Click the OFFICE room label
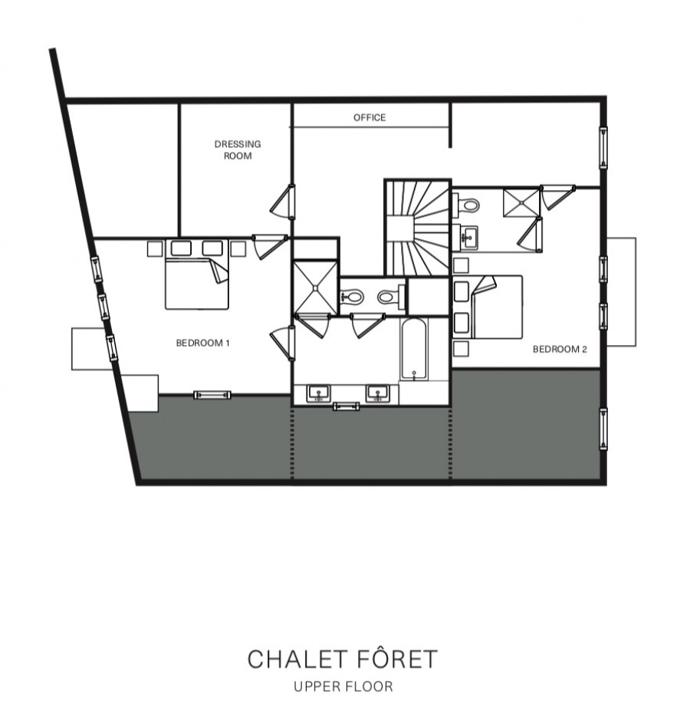[369, 117]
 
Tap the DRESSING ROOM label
[238, 150]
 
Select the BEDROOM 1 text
[202, 343]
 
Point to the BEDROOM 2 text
[560, 349]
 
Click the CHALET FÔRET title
[343, 659]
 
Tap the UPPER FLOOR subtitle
[343, 686]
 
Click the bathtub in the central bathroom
[414, 350]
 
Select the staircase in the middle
[417, 228]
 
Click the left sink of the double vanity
[319, 393]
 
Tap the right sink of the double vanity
[377, 393]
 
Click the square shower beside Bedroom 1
[315, 288]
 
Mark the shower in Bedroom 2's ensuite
[521, 203]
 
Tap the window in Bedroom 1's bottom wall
[212, 394]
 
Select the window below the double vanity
[346, 406]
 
